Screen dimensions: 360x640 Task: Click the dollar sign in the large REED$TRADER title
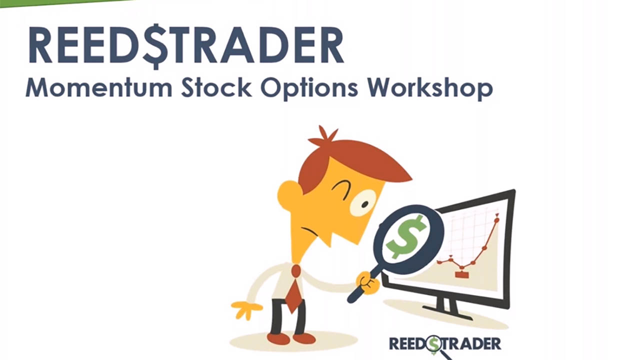tap(156, 45)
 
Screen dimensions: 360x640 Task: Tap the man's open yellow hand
tap(246, 308)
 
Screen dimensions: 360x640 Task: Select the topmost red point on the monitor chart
tap(496, 219)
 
